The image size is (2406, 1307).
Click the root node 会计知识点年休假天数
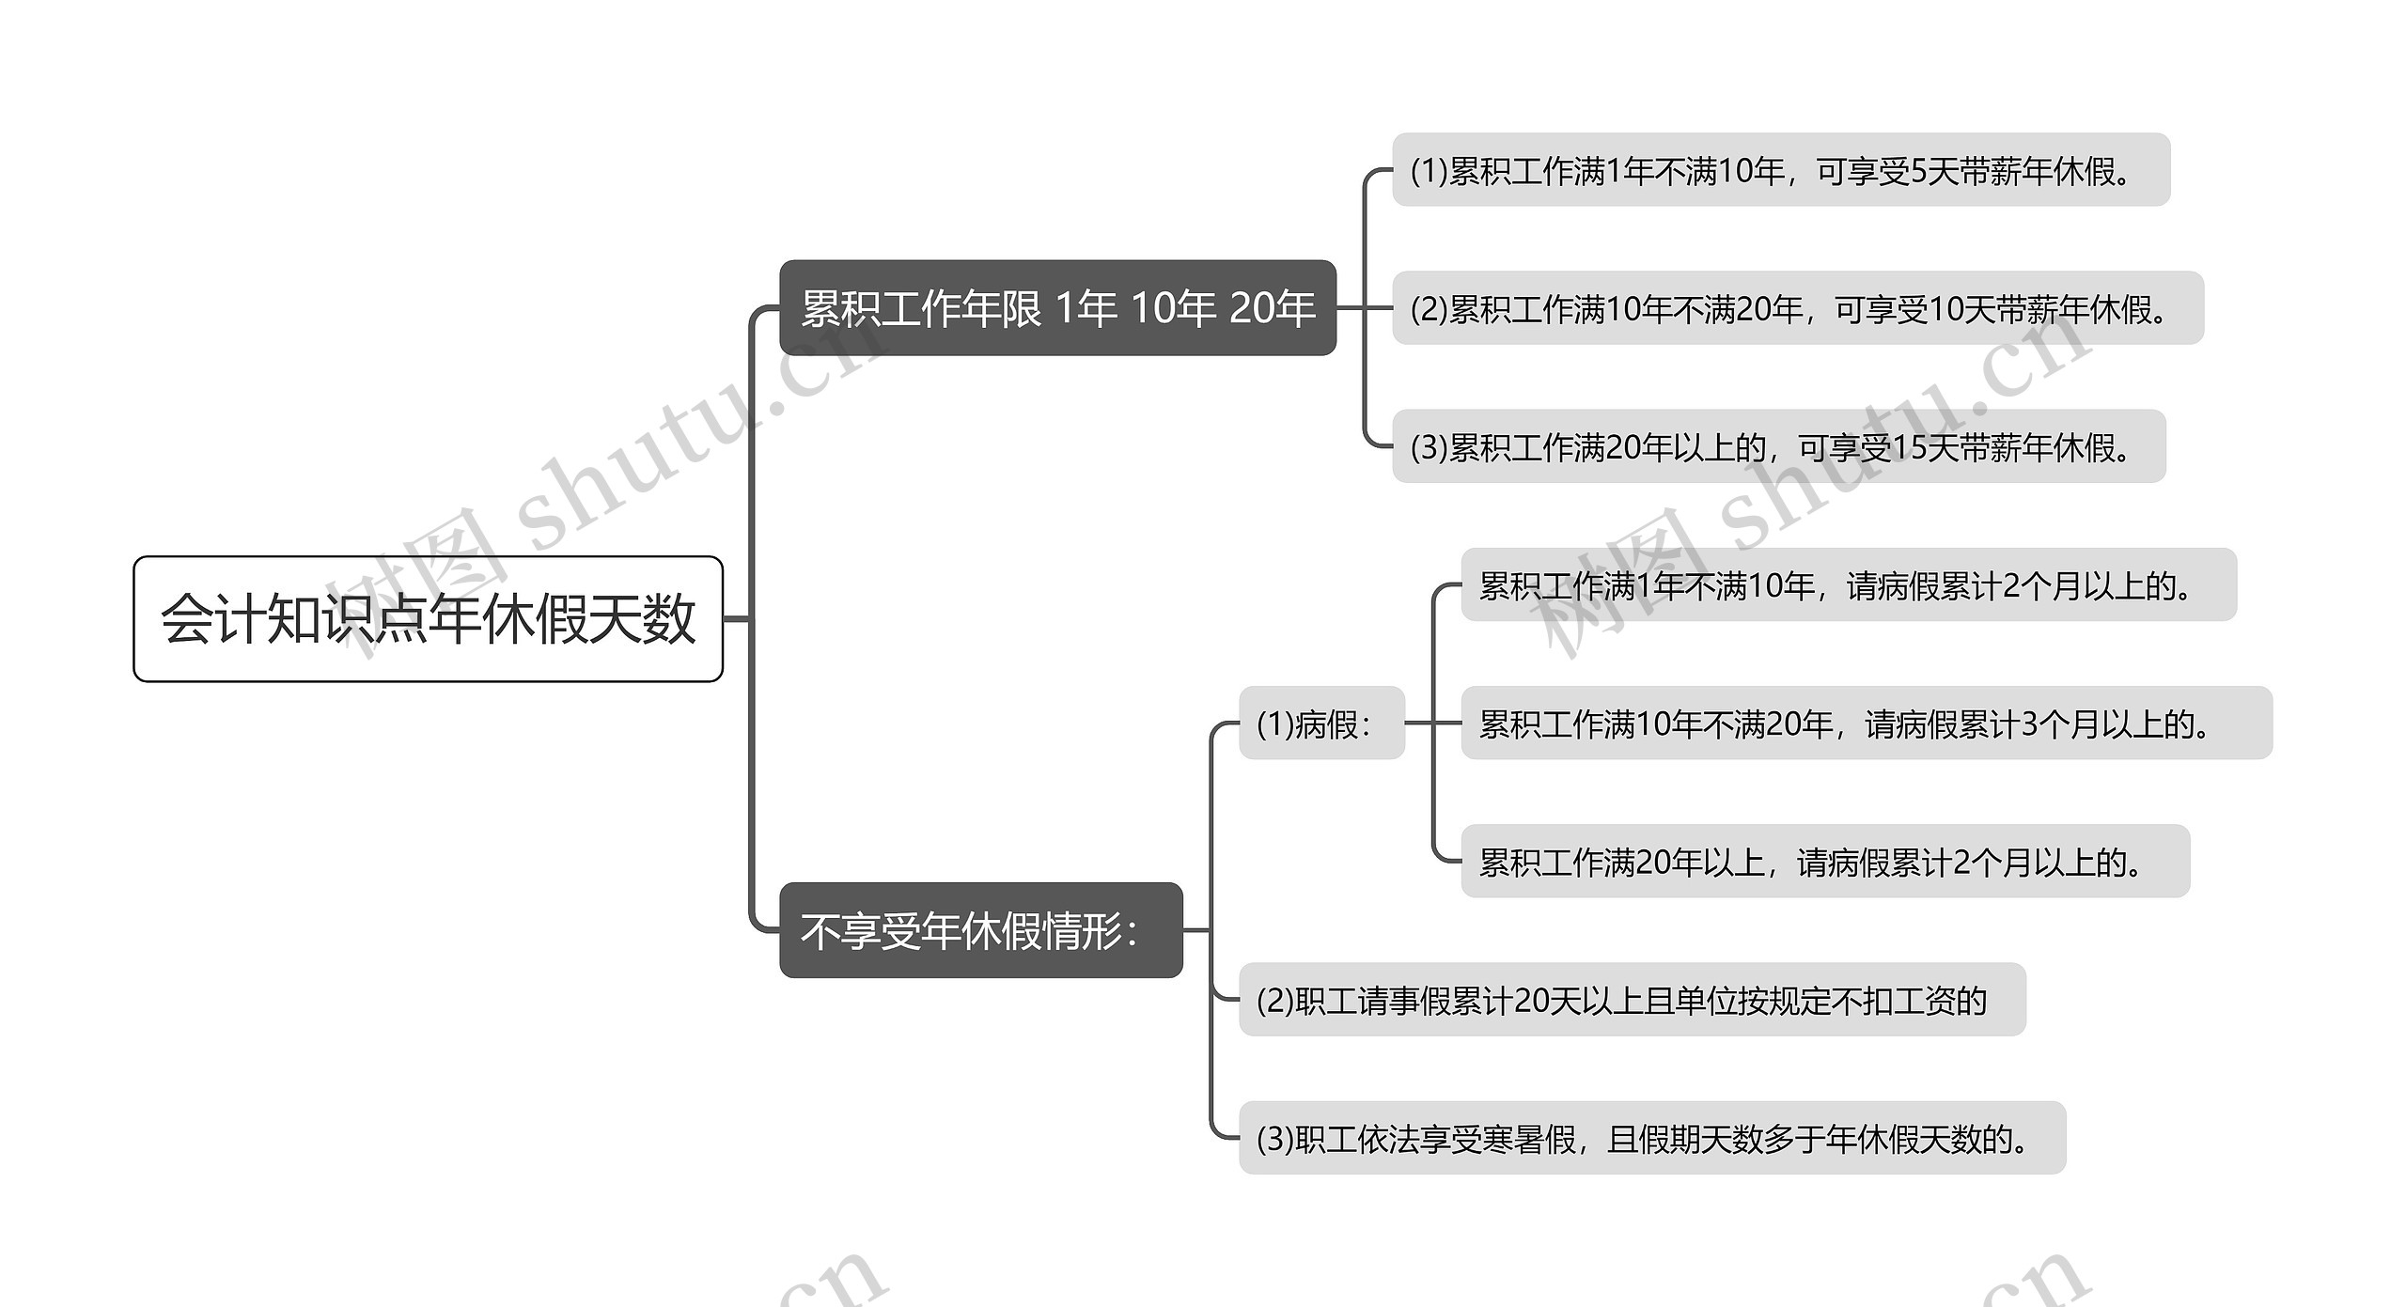pos(428,618)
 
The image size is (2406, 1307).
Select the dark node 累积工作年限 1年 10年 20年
pos(1057,308)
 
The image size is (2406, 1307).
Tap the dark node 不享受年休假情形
pos(980,930)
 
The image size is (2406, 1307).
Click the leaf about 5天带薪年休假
pos(1780,170)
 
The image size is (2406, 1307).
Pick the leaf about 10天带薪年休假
pos(1797,308)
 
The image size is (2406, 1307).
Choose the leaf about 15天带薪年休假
pos(1778,447)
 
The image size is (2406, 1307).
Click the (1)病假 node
pos(1320,724)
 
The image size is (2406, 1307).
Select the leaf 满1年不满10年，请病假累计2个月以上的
pos(1848,585)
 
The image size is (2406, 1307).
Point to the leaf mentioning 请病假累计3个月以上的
pos(1866,724)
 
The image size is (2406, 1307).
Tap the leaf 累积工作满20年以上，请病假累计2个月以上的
pos(1824,862)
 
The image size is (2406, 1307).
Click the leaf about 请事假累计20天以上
pos(1632,1001)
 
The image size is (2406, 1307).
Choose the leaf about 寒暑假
pos(1651,1139)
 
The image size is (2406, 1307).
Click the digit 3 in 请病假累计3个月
pos(2029,724)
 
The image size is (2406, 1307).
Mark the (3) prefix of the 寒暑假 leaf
pos(1274,1139)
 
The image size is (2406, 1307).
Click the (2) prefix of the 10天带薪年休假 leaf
pos(1429,308)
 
